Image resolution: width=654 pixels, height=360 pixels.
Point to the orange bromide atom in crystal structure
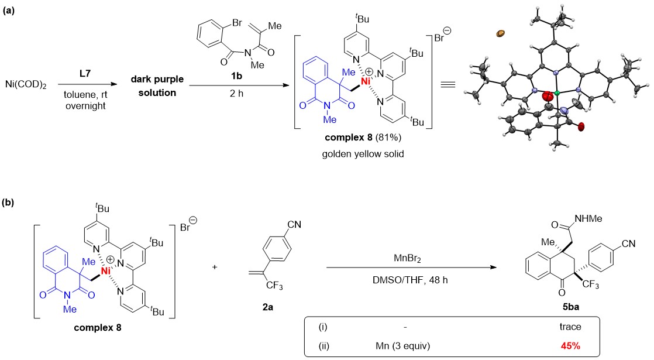click(x=500, y=33)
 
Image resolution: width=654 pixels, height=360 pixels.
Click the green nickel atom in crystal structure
click(x=557, y=92)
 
